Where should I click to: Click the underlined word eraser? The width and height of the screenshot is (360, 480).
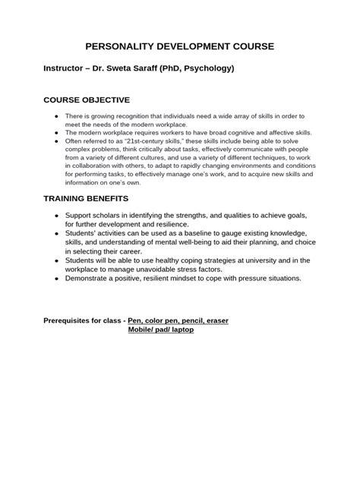[x=215, y=321]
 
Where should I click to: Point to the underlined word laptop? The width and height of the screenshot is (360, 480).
[x=179, y=330]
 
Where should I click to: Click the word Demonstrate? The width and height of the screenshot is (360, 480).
[x=90, y=278]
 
